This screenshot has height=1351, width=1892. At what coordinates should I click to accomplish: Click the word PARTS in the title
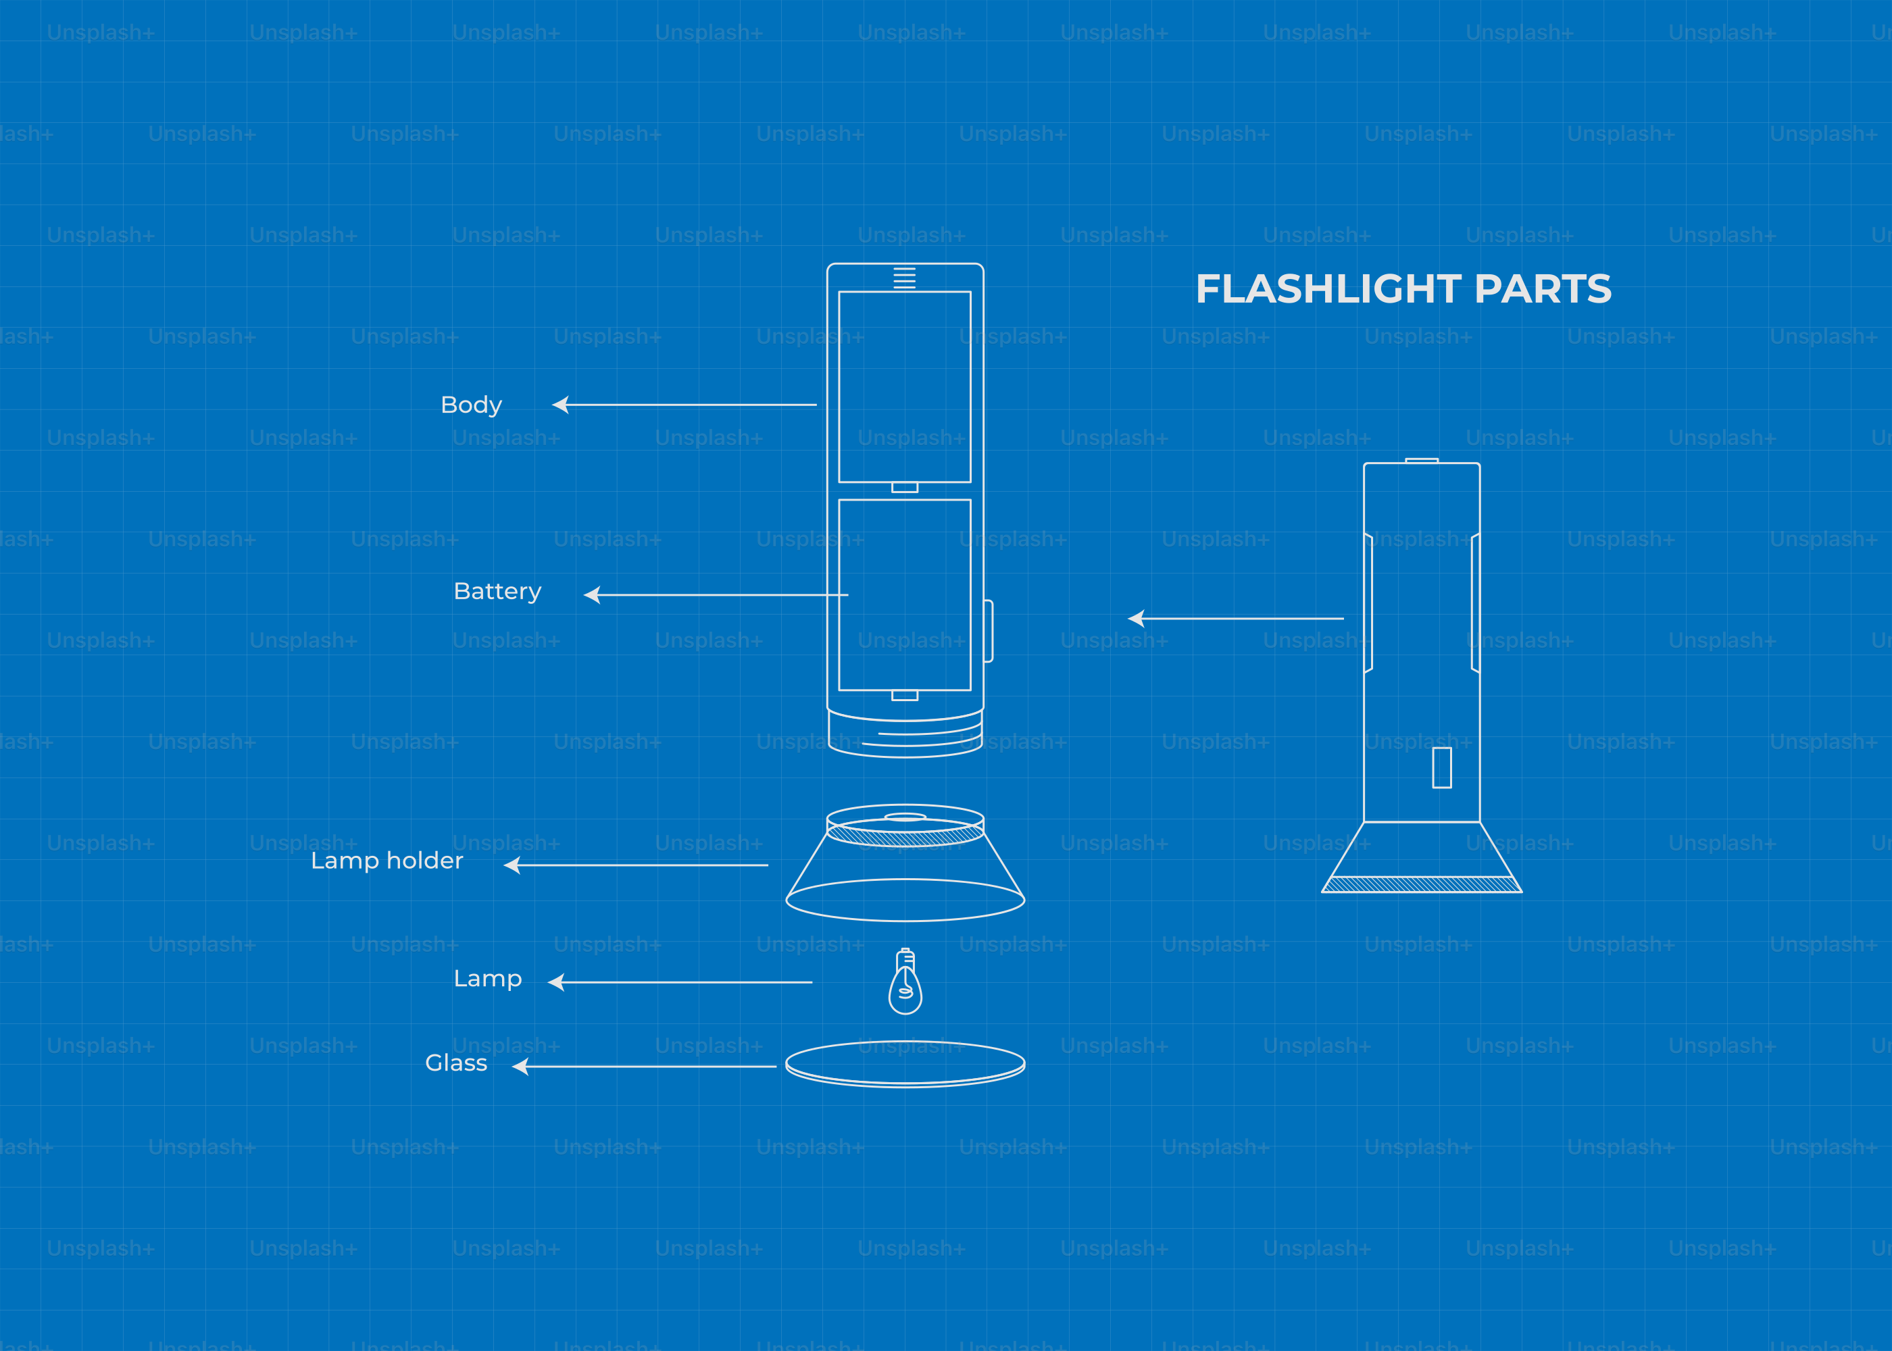(1543, 290)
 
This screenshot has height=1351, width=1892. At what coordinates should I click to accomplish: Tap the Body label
(471, 405)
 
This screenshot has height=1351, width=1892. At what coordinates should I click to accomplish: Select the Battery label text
(497, 592)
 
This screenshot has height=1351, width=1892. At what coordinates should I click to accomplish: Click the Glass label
(456, 1063)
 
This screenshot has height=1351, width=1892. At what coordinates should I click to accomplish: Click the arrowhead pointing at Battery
(593, 595)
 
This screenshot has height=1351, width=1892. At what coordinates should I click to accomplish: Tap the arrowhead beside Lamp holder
(512, 865)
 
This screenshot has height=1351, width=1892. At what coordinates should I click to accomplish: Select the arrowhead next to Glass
(521, 1067)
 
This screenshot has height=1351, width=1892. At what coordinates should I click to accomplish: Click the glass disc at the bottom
(905, 1064)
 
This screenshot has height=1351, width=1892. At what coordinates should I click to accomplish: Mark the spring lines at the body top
(904, 278)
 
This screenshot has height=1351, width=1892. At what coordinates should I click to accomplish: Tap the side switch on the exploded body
(989, 630)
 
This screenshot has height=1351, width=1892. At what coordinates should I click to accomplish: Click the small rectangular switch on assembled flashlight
(1442, 767)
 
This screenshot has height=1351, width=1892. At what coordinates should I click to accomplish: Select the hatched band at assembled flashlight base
(1422, 884)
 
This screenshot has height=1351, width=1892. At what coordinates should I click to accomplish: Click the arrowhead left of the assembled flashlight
(1137, 618)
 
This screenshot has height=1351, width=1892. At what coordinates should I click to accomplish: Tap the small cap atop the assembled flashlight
(1422, 460)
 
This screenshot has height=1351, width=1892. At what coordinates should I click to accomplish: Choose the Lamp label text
(488, 979)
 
